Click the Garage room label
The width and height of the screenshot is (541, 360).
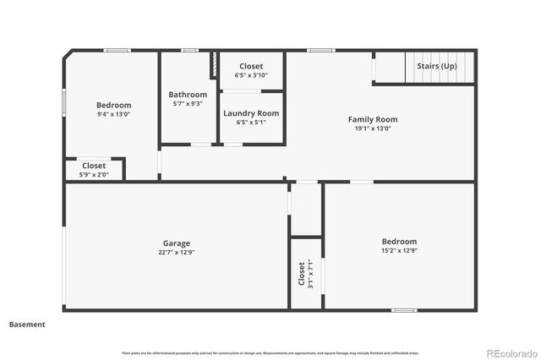176,243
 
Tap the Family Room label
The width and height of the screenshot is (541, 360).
373,119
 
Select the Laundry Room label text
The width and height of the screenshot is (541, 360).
251,113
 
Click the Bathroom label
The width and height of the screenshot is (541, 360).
188,95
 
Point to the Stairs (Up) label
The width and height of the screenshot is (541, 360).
437,66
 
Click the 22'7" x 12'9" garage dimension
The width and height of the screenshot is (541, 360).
176,252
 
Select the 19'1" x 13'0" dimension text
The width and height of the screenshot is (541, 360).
373,129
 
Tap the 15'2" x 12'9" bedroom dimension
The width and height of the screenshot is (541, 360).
399,250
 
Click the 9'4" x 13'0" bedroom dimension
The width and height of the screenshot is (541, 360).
113,114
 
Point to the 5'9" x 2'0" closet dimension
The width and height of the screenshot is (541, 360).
94,174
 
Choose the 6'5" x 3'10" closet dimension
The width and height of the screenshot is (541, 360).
251,75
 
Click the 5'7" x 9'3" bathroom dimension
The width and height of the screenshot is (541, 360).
188,104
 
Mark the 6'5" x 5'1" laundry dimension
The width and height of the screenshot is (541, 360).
251,123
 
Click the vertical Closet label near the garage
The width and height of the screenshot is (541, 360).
302,274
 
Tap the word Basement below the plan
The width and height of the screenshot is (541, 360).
27,324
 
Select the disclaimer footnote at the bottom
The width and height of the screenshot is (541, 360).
270,352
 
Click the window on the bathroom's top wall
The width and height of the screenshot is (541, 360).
190,51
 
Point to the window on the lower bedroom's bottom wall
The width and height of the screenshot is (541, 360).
403,310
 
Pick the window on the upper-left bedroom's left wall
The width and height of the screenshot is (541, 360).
64,101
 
